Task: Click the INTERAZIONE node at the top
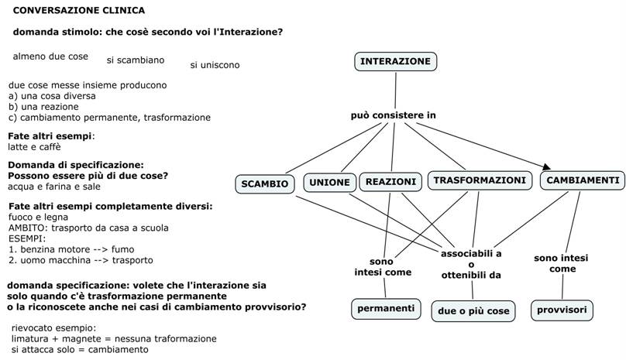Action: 395,61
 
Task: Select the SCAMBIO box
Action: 265,183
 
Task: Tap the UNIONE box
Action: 330,183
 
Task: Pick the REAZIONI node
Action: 390,182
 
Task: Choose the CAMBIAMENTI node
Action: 583,180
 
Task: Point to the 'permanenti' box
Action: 386,308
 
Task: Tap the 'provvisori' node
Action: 562,310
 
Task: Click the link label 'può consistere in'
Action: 393,115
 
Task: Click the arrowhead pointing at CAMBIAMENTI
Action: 547,166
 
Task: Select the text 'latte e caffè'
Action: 34,146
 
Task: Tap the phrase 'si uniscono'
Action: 215,65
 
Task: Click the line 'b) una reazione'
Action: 43,106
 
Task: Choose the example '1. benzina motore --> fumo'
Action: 71,249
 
